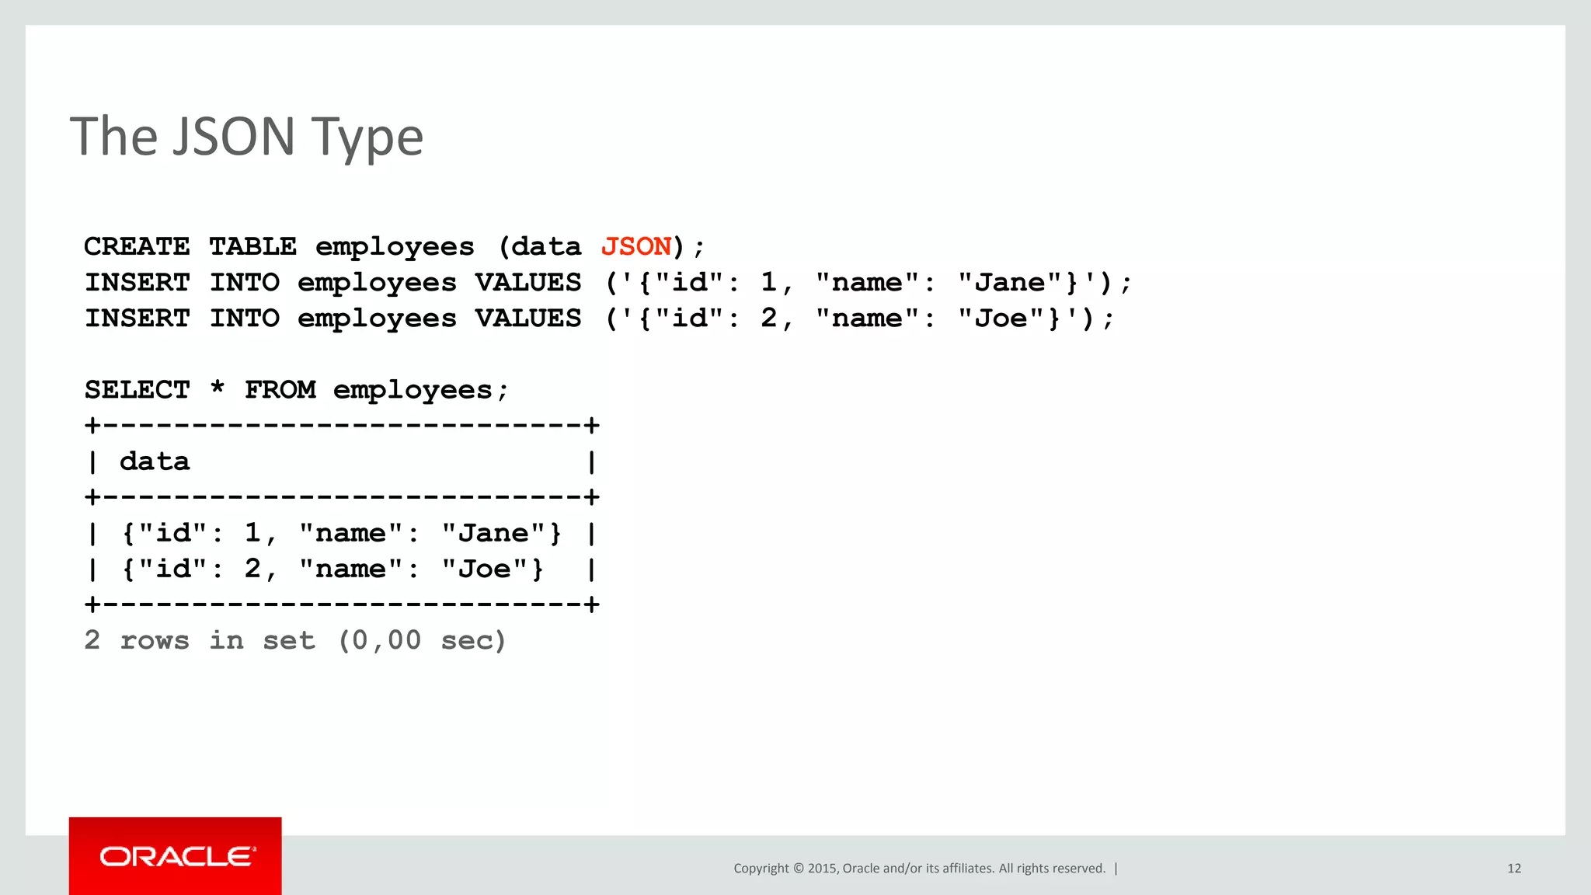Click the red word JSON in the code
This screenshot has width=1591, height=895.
636,246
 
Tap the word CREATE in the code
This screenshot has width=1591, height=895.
137,246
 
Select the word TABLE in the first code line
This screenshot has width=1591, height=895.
253,246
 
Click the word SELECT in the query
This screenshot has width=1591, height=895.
137,389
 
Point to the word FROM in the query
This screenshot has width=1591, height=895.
280,389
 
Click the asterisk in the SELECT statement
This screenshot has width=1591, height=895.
218,388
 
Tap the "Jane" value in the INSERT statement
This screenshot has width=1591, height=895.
1009,282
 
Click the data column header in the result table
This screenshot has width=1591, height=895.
155,461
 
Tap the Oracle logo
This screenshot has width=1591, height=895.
176,856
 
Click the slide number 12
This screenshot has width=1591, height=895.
1514,869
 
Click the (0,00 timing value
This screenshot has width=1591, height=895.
379,640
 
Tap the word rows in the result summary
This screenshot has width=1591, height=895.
155,640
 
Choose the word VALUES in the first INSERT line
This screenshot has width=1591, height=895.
528,282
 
